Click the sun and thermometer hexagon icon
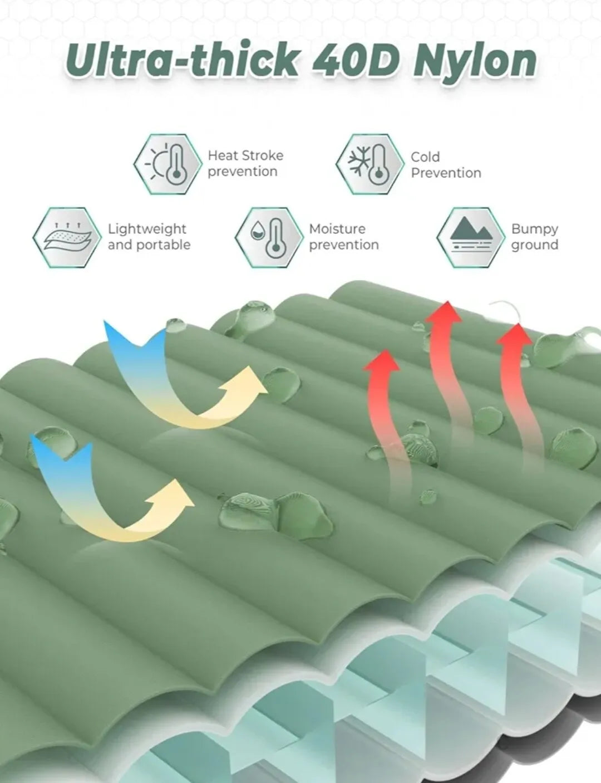click(x=168, y=164)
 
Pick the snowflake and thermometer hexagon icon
click(x=370, y=164)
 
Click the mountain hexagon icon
click(x=471, y=237)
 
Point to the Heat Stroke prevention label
click(x=245, y=164)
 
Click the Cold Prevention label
click(x=446, y=165)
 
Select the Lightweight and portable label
click(x=149, y=237)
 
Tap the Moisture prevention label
click(x=344, y=237)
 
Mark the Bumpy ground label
click(x=534, y=237)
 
